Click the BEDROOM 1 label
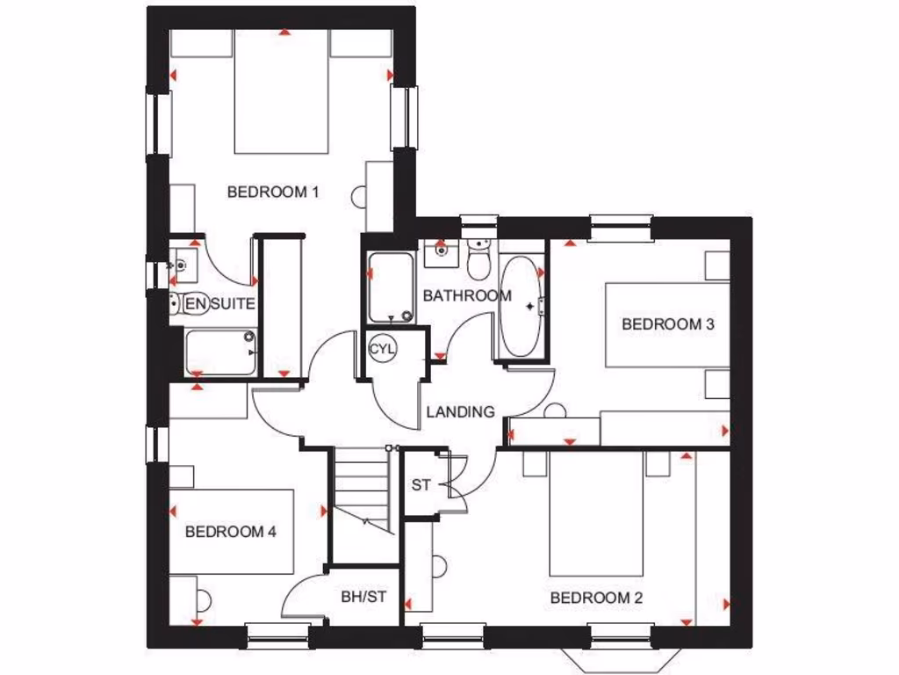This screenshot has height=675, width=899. click(272, 192)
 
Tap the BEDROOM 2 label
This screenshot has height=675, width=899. click(596, 599)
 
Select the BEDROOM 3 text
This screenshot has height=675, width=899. click(667, 324)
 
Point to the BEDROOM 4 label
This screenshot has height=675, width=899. click(231, 532)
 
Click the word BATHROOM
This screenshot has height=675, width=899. click(466, 296)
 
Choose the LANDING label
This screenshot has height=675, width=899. click(460, 411)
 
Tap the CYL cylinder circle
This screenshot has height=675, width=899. click(383, 349)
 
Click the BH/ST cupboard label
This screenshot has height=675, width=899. click(363, 598)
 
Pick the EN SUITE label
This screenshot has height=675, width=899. click(219, 305)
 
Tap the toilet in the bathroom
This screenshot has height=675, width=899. click(478, 260)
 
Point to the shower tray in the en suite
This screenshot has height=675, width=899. click(219, 352)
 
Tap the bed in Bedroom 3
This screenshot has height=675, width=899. click(667, 324)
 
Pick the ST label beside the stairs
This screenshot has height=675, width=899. click(421, 485)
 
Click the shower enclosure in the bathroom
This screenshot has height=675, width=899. click(390, 287)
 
